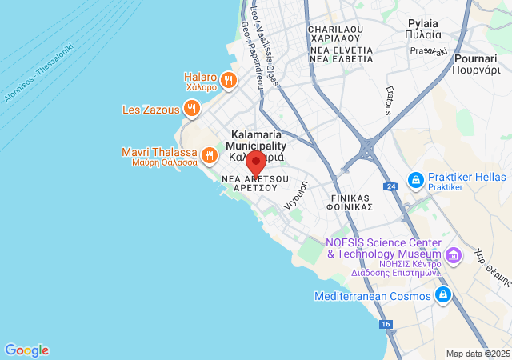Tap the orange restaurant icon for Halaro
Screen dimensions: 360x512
click(x=229, y=78)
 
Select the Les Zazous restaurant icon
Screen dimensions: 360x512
click(x=190, y=109)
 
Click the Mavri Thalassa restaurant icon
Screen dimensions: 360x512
click(x=209, y=154)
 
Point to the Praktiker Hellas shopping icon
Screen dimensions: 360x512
click(x=415, y=180)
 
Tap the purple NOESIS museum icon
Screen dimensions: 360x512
click(x=454, y=256)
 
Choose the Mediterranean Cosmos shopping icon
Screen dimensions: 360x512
click(x=442, y=296)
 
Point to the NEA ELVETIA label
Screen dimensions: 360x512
click(x=341, y=54)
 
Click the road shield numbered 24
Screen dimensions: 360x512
click(x=390, y=186)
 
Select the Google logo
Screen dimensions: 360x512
click(x=26, y=350)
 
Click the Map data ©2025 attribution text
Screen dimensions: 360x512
click(x=477, y=354)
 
